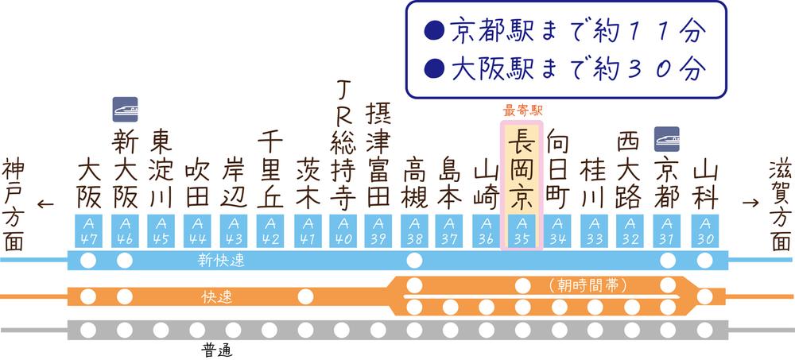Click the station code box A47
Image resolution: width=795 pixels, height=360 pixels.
point(88,231)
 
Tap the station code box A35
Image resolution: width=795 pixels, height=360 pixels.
point(522,231)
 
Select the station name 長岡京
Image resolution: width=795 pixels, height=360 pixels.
point(522,168)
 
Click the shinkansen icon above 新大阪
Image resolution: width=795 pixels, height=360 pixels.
point(126,110)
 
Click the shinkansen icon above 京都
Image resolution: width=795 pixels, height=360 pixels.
point(667,139)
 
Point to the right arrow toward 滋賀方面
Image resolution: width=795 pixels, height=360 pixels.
point(751,203)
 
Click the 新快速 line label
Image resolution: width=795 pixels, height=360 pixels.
point(221,261)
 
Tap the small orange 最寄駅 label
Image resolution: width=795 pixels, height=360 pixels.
point(522,110)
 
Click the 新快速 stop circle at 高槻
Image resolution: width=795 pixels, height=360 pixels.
point(414,261)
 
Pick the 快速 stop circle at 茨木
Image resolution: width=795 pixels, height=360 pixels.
point(305,296)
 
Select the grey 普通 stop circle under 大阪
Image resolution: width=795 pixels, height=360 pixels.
point(88,330)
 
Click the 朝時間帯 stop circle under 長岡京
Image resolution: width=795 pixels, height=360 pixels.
point(523,286)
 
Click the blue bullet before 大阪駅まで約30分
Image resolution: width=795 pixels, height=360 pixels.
point(434,68)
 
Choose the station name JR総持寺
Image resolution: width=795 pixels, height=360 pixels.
point(343,145)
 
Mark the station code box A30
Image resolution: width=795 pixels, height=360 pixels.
point(704,231)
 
